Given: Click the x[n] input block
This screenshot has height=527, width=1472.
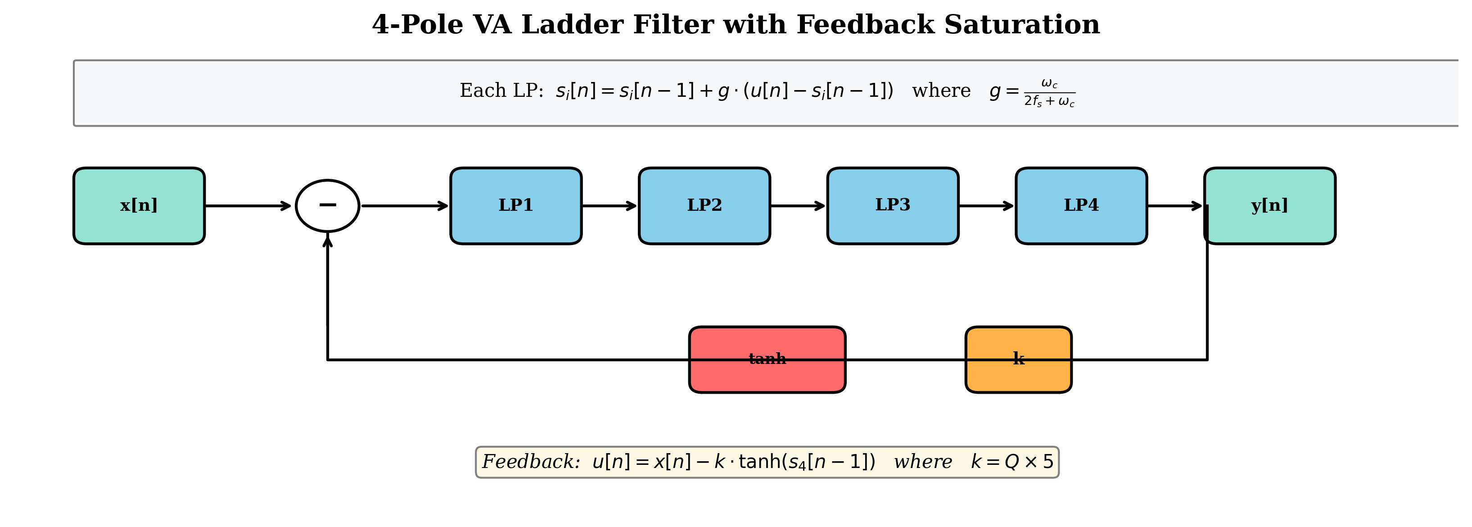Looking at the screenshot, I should click(139, 206).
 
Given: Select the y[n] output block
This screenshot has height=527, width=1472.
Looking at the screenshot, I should click(1270, 206).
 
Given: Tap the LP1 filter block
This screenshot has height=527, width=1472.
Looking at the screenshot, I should click(515, 206).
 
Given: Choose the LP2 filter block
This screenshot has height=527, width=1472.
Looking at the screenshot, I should click(704, 206).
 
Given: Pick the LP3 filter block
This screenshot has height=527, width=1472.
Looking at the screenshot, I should click(893, 206).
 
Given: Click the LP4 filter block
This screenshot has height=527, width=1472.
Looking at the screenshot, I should click(1081, 206).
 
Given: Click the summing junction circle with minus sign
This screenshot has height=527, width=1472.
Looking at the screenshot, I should click(327, 206).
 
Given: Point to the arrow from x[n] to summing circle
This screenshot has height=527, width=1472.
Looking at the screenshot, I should click(248, 206).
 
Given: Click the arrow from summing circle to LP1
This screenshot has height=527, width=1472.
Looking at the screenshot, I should click(405, 206).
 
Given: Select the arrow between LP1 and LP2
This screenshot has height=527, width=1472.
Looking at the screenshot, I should click(609, 206).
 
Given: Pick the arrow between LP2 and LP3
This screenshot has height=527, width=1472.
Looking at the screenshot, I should click(798, 206).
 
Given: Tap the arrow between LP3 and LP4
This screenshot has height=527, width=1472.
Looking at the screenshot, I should click(986, 206).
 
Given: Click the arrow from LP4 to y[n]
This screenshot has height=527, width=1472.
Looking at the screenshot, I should click(1174, 206).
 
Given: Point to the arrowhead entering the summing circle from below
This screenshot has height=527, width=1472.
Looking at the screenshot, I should click(327, 241).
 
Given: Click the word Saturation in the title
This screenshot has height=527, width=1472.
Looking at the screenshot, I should click(1022, 25).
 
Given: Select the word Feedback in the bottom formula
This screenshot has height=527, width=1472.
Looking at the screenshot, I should click(530, 462).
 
